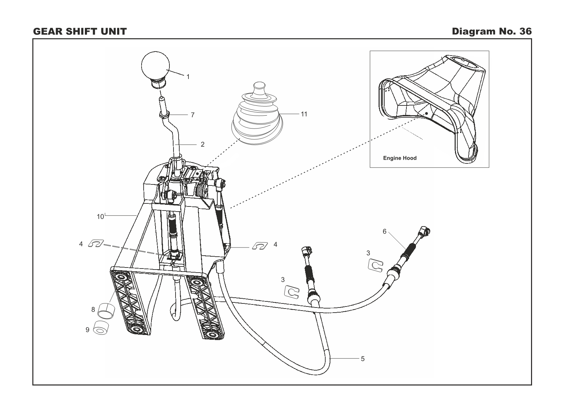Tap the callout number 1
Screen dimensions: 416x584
188,77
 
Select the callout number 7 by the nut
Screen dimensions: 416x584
193,115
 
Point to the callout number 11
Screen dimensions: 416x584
304,114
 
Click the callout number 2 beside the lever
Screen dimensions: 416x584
203,144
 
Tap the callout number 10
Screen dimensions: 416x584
100,217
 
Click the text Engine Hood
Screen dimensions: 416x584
400,158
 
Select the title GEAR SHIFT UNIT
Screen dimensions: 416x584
80,32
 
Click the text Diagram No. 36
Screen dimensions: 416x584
492,32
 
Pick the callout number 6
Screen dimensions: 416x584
384,232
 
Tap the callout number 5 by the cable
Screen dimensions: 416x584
363,359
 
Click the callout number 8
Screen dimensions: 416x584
93,310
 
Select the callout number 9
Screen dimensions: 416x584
87,330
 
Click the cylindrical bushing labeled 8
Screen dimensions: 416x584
106,310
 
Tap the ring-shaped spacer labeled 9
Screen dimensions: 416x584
101,328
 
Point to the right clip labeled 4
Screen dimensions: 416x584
260,245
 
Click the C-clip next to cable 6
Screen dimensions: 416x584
376,265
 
